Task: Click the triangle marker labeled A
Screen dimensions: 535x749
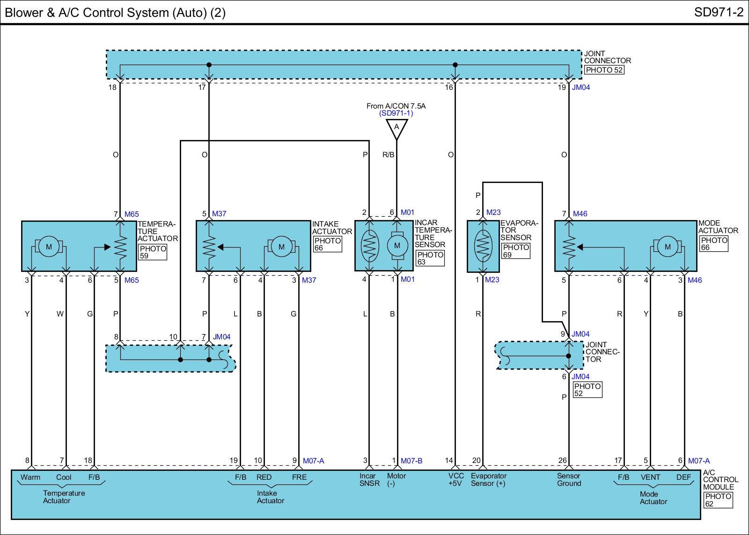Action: coord(397,127)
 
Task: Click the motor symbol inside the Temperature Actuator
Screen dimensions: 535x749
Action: coord(49,247)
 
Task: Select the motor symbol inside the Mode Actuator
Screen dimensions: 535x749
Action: coord(668,247)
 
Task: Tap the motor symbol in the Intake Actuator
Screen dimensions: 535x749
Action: coord(282,247)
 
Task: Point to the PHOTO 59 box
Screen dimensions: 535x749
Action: coord(153,252)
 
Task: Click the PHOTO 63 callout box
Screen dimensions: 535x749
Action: coord(430,258)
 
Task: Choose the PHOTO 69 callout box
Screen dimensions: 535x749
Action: coord(515,251)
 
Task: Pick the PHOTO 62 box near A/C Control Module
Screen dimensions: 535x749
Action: coord(718,500)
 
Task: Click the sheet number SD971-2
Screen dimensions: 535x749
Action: coord(719,12)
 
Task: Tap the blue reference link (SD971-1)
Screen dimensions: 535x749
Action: coord(396,113)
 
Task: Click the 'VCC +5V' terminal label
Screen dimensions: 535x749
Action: coord(455,480)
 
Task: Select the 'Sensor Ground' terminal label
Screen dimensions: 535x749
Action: coord(569,480)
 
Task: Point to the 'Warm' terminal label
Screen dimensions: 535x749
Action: coord(30,477)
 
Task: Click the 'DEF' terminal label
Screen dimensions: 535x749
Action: coord(683,477)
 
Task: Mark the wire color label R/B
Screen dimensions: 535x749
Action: coord(388,155)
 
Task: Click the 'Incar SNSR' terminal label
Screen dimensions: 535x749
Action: coord(369,480)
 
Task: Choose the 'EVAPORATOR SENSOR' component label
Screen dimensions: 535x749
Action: coord(519,230)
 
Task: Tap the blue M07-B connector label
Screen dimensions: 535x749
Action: coord(411,461)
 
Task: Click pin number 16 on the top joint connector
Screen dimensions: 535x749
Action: coord(449,88)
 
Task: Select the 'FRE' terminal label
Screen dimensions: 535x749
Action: coord(299,477)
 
